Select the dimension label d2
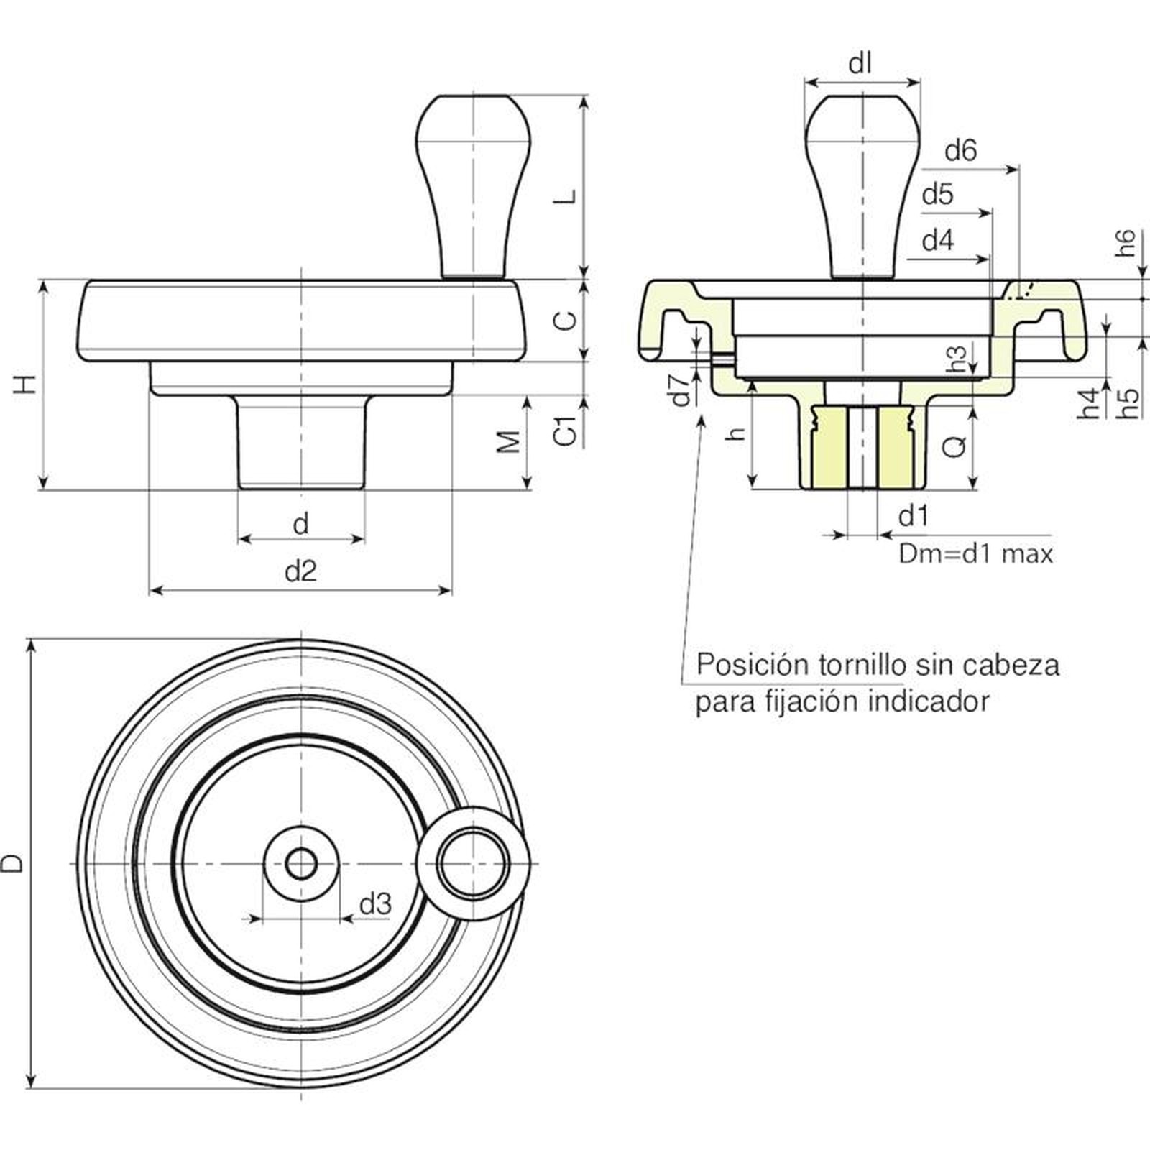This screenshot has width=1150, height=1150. point(300,571)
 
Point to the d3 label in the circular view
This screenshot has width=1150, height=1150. point(375,903)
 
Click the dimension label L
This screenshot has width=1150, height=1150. point(567,195)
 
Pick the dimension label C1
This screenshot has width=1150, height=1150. point(567,430)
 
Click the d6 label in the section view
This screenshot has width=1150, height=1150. point(961,150)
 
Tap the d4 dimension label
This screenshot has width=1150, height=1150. point(937,240)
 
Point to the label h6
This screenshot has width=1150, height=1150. point(1126,242)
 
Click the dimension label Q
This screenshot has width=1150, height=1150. point(954,447)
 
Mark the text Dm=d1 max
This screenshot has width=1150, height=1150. point(975,554)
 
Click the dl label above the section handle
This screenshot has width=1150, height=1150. point(860,64)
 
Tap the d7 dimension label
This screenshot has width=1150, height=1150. point(680,389)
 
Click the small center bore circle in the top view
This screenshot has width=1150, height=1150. point(300,862)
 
